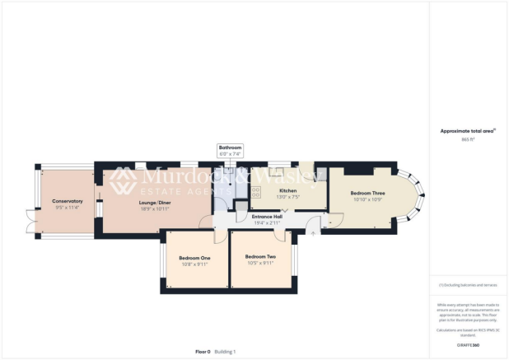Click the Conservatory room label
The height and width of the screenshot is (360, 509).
click(68, 202)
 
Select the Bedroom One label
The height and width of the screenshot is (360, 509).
click(194, 258)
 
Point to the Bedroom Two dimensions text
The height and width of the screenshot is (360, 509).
click(260, 263)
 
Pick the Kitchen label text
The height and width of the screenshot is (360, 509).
click(287, 190)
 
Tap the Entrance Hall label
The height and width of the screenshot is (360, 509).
click(267, 217)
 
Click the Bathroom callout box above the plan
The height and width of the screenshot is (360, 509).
click(231, 151)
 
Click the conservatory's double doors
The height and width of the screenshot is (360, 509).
click(31, 219)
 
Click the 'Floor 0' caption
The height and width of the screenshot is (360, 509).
click(203, 352)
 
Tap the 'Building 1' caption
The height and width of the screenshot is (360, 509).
click(226, 352)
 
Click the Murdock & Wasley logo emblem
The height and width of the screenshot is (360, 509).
click(124, 180)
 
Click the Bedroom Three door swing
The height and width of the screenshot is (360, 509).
click(334, 220)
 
